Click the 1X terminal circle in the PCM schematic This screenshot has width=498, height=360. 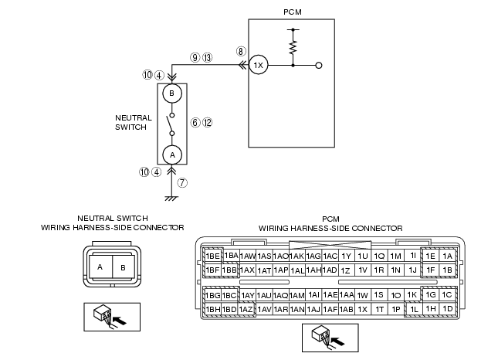[x=258, y=65]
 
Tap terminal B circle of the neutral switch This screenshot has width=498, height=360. [x=172, y=93]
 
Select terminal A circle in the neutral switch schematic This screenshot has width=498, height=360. [x=172, y=155]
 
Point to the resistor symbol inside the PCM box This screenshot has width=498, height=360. [x=293, y=47]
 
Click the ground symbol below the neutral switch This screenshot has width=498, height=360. [x=171, y=199]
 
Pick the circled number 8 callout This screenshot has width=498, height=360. [x=241, y=51]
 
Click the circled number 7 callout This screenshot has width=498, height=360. [x=182, y=182]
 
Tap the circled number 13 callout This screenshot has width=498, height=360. [x=207, y=57]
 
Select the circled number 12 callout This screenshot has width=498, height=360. [x=207, y=123]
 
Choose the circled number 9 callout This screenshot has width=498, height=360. [x=195, y=57]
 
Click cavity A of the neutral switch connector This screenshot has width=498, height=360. [x=100, y=267]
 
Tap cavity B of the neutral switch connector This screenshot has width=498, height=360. [x=124, y=267]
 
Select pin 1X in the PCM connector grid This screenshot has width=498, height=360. [x=362, y=309]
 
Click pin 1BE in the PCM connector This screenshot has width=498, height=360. [x=212, y=256]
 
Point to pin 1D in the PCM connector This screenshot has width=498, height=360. [x=448, y=308]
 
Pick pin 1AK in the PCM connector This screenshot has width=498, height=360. [x=297, y=256]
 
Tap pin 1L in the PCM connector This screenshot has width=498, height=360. [x=414, y=309]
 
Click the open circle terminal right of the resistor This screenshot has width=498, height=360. [x=319, y=66]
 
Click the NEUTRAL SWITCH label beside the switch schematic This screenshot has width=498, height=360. [x=134, y=122]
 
